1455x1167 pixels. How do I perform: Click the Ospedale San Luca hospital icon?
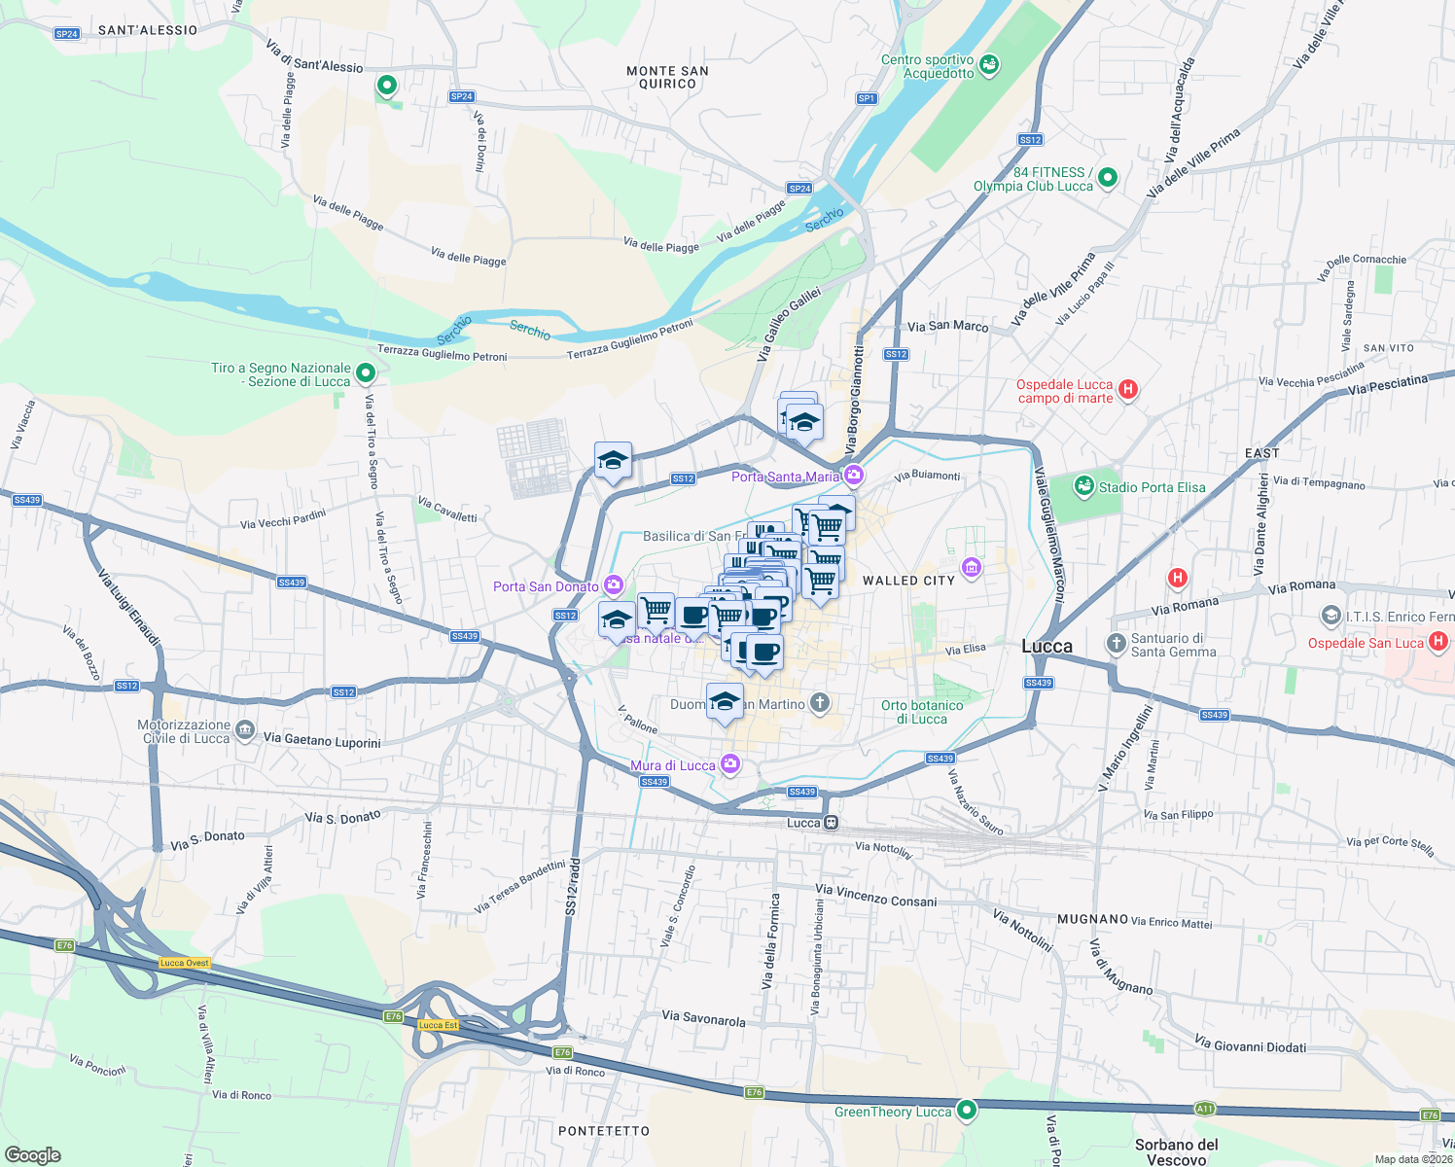pyautogui.click(x=1438, y=642)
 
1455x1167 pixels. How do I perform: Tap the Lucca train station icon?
pyautogui.click(x=831, y=823)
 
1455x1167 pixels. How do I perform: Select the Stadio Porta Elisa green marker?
pyautogui.click(x=1084, y=485)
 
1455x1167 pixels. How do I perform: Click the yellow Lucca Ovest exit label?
pyautogui.click(x=185, y=963)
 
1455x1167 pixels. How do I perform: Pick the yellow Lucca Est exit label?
pyautogui.click(x=438, y=1025)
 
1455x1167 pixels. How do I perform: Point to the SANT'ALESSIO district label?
pyautogui.click(x=148, y=30)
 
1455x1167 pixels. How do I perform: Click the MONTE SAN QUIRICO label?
pyautogui.click(x=667, y=77)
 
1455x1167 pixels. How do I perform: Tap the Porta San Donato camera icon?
pyautogui.click(x=614, y=585)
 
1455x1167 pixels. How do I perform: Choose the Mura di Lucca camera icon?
pyautogui.click(x=730, y=765)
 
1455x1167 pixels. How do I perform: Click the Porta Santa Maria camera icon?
pyautogui.click(x=854, y=476)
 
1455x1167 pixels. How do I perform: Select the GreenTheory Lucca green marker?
pyautogui.click(x=966, y=1110)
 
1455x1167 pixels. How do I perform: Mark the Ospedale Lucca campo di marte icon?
pyautogui.click(x=1128, y=390)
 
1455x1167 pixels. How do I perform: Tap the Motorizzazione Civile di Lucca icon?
pyautogui.click(x=245, y=729)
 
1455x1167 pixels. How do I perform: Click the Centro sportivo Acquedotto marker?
pyautogui.click(x=989, y=65)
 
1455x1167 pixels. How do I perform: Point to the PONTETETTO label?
pyautogui.click(x=604, y=1131)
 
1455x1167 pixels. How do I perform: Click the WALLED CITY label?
pyautogui.click(x=908, y=581)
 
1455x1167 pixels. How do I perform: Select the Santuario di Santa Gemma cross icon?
pyautogui.click(x=1117, y=644)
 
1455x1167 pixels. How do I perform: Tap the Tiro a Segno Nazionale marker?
pyautogui.click(x=366, y=372)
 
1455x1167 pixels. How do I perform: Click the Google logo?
pyautogui.click(x=33, y=1155)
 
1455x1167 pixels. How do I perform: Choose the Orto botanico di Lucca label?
pyautogui.click(x=922, y=712)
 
